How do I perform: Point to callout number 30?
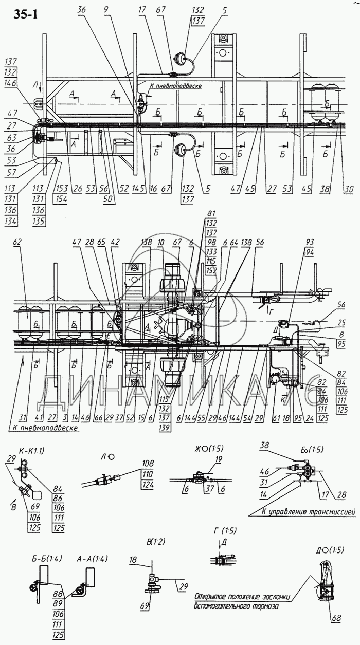(349, 189)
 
